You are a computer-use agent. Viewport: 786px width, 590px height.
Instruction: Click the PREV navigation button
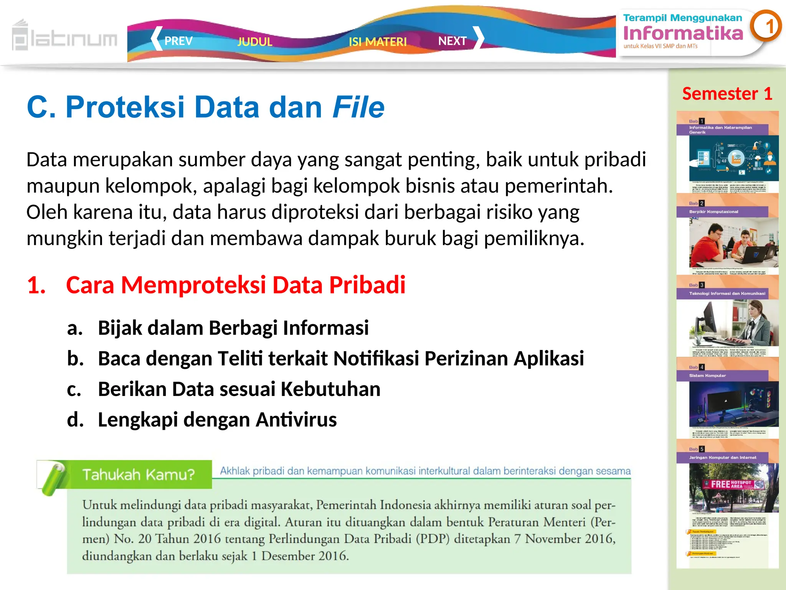point(173,40)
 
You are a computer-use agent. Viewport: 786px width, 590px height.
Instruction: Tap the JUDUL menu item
point(255,41)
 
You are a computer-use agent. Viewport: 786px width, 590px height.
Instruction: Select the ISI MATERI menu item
point(378,41)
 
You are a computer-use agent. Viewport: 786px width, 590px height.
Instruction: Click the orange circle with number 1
point(766,27)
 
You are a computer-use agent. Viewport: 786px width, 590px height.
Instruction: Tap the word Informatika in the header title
point(683,33)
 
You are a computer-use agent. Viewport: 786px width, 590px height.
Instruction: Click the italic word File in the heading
point(358,107)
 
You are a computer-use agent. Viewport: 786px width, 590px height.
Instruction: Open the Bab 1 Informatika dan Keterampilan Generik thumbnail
point(728,154)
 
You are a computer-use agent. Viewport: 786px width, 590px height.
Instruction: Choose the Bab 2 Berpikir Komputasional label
point(714,212)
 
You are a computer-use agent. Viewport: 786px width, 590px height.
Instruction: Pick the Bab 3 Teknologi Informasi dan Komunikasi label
point(727,293)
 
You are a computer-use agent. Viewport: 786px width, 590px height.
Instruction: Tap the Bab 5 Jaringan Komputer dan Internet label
point(723,457)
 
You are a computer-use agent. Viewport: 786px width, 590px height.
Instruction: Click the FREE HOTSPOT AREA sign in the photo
point(732,484)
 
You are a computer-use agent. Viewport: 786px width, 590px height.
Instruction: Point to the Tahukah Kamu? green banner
point(138,475)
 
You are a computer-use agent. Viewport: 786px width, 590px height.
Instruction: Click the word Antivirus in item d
point(296,419)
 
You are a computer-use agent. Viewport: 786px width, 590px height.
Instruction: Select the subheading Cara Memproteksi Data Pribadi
point(236,285)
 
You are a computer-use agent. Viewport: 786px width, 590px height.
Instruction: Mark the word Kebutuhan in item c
point(330,389)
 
